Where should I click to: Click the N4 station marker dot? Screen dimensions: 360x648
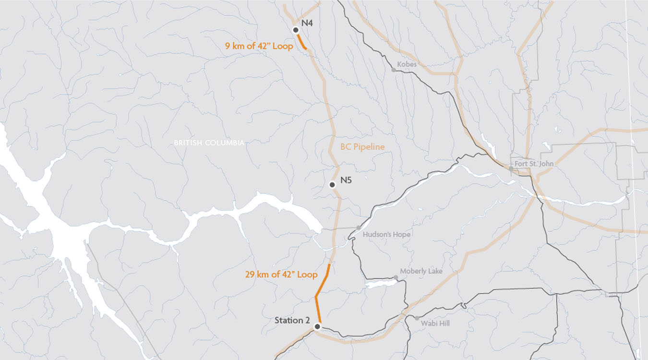pyautogui.click(x=296, y=30)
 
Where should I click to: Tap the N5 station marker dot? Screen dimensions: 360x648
pyautogui.click(x=332, y=185)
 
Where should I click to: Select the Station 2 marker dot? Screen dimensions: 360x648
pyautogui.click(x=317, y=327)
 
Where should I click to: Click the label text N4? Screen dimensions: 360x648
pyautogui.click(x=307, y=23)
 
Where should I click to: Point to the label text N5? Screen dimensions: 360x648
pyautogui.click(x=347, y=180)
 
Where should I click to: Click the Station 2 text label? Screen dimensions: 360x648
pyautogui.click(x=292, y=320)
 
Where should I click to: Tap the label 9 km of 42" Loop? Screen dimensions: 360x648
pyautogui.click(x=259, y=47)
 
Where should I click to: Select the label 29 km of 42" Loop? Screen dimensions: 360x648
pyautogui.click(x=281, y=275)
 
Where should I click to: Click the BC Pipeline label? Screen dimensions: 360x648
pyautogui.click(x=362, y=147)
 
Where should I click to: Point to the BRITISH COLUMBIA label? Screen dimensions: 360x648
pyautogui.click(x=209, y=143)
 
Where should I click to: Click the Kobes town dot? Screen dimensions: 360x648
pyautogui.click(x=394, y=70)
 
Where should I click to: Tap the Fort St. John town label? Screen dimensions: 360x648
pyautogui.click(x=534, y=164)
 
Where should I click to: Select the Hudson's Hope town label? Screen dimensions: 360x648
pyautogui.click(x=386, y=235)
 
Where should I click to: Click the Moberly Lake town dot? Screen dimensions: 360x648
pyautogui.click(x=396, y=277)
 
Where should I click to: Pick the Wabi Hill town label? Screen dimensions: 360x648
pyautogui.click(x=435, y=324)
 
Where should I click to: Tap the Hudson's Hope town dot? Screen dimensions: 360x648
pyautogui.click(x=359, y=228)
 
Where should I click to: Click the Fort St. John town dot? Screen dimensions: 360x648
pyautogui.click(x=511, y=168)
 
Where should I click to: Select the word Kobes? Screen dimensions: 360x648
pyautogui.click(x=407, y=64)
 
